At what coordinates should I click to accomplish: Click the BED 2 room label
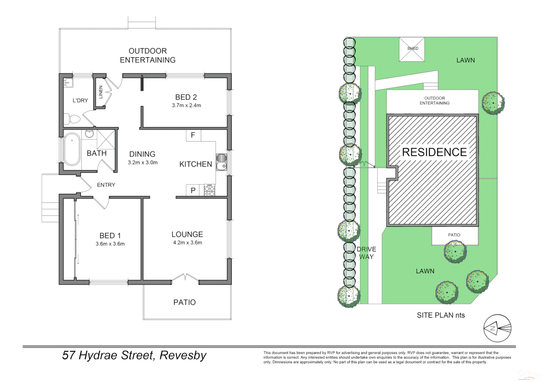(x=186, y=97)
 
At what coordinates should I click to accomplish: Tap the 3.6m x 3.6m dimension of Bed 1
(x=110, y=244)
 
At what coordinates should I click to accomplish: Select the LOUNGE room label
(x=187, y=235)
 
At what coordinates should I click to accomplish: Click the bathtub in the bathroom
(x=72, y=149)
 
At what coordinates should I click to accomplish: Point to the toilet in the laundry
(x=73, y=119)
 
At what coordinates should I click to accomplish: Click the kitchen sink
(x=221, y=162)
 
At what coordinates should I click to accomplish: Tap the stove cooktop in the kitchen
(x=210, y=191)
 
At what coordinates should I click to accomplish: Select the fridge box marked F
(x=193, y=135)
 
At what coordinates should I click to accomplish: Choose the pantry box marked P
(x=193, y=190)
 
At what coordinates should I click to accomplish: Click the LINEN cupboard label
(x=101, y=92)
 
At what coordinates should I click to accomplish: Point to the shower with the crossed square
(x=106, y=139)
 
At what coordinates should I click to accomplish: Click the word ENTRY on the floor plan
(x=106, y=185)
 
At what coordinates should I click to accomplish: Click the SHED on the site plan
(x=412, y=49)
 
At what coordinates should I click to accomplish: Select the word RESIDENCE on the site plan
(x=434, y=152)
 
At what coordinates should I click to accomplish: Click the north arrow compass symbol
(x=497, y=328)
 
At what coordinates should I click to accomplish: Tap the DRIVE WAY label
(x=366, y=253)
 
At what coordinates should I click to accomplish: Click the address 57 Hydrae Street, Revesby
(x=134, y=355)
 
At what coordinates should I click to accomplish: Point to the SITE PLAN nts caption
(x=440, y=315)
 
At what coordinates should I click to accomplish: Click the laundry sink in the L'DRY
(x=68, y=83)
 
